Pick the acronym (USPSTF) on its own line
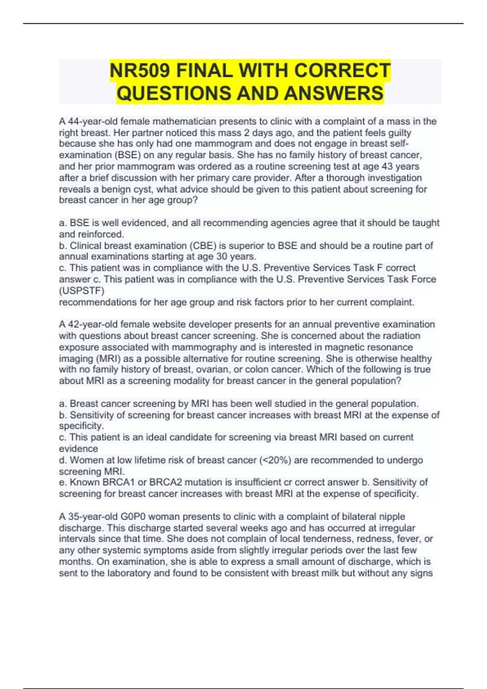point(82,291)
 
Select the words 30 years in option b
point(239,257)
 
